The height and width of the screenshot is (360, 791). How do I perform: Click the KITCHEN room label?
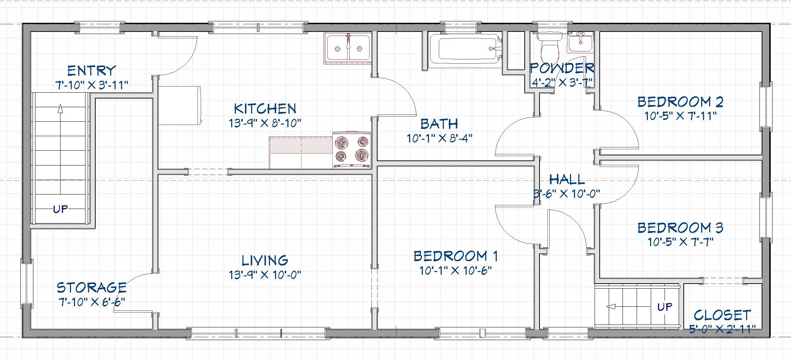pyautogui.click(x=265, y=109)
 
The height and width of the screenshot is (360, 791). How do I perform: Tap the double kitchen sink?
pyautogui.click(x=348, y=48)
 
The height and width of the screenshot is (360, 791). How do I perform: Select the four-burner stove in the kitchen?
pyautogui.click(x=351, y=150)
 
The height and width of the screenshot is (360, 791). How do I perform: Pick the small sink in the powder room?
pyautogui.click(x=580, y=43)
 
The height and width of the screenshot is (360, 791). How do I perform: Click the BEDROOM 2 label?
pyautogui.click(x=680, y=102)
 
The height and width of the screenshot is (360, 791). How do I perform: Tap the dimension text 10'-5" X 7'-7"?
pyautogui.click(x=680, y=242)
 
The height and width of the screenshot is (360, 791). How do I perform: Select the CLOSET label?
pyautogui.click(x=722, y=315)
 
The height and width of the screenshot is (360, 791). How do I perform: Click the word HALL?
pyautogui.click(x=567, y=179)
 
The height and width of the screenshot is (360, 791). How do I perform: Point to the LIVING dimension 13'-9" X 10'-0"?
pyautogui.click(x=265, y=275)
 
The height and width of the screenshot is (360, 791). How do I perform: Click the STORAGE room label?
pyautogui.click(x=92, y=288)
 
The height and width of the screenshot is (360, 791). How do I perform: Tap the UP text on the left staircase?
pyautogui.click(x=61, y=209)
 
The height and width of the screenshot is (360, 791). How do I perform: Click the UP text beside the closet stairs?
pyautogui.click(x=665, y=307)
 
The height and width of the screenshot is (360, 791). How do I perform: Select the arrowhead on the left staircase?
pyautogui.click(x=61, y=108)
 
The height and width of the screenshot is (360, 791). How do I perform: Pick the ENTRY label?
pyautogui.click(x=92, y=70)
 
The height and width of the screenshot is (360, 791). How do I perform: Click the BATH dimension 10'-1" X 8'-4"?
pyautogui.click(x=439, y=138)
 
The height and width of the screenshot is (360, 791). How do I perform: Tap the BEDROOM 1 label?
pyautogui.click(x=455, y=256)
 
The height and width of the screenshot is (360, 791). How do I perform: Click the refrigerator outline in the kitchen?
pyautogui.click(x=179, y=105)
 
